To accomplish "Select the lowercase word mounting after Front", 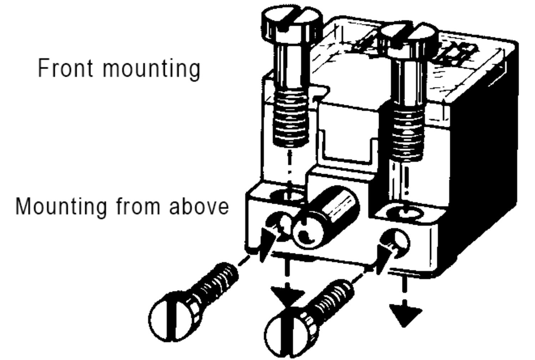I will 152,70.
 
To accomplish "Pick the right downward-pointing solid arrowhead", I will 405,315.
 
